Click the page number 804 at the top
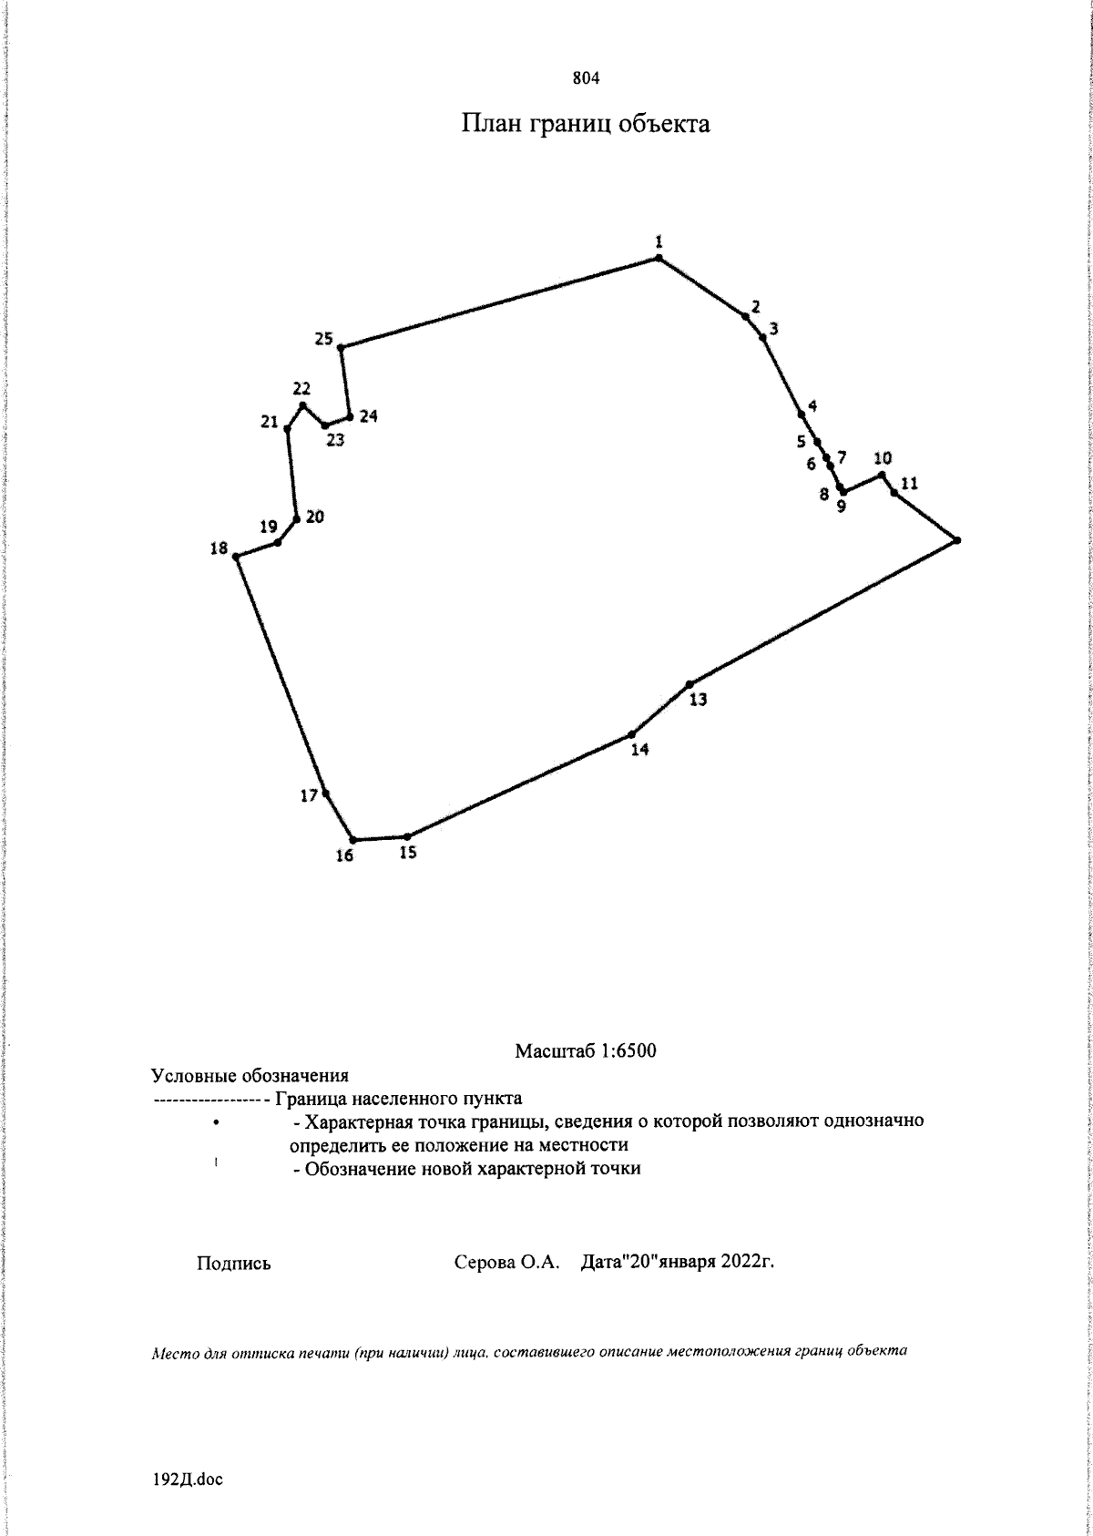coord(586,78)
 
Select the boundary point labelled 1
coord(658,259)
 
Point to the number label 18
coord(219,548)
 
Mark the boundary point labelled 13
coord(690,683)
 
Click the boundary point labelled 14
coord(631,734)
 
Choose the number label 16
coord(344,855)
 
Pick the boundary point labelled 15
coord(407,836)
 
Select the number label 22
coord(302,388)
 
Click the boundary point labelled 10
coord(882,474)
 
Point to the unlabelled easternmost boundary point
coord(957,540)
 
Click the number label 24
coord(368,416)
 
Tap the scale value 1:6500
coord(628,1051)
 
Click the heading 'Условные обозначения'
coord(250,1075)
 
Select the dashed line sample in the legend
coord(209,1100)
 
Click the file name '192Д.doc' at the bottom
coord(189,1480)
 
